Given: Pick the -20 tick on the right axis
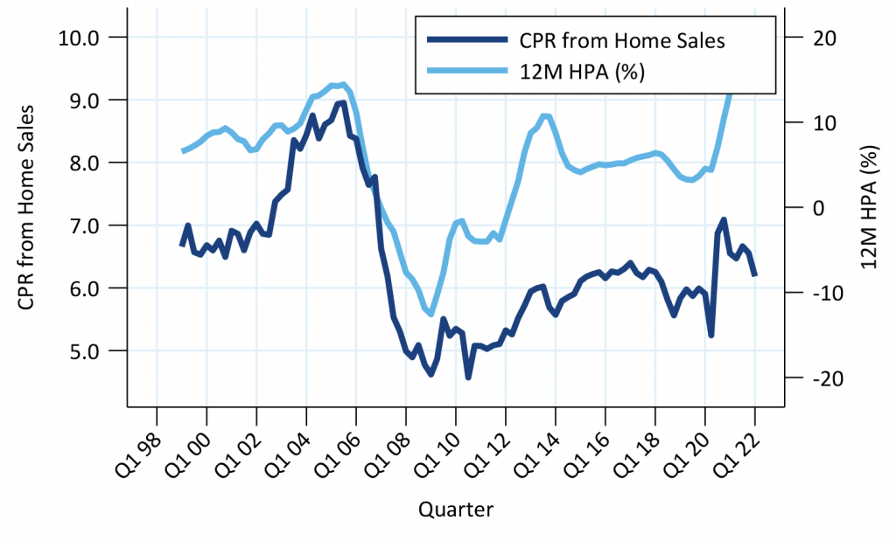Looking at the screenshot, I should point(809,378).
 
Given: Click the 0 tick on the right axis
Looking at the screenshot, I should point(808,208).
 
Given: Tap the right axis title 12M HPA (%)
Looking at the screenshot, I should point(867,208).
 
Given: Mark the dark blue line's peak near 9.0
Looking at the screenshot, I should point(343,102).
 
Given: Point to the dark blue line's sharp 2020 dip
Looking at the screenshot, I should point(711,335).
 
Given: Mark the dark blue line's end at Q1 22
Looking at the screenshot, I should point(754,275).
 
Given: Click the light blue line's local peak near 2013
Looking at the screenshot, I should point(544,115).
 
